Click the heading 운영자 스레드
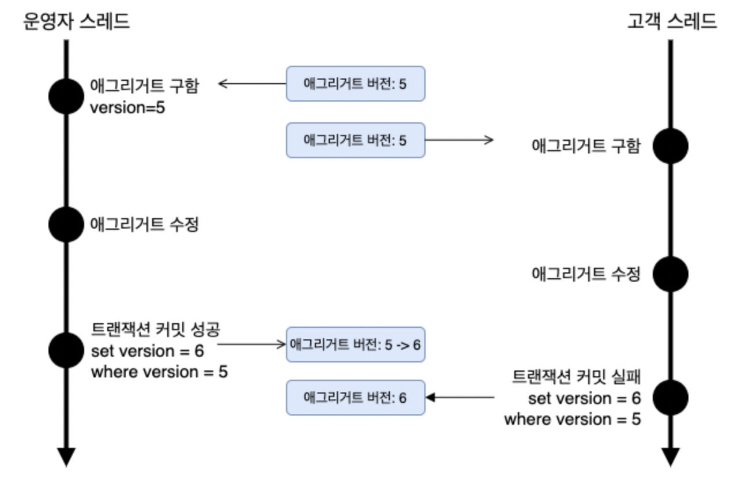point(76,21)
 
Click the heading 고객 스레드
point(672,21)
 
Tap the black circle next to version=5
point(66,96)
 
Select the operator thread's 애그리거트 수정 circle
point(66,224)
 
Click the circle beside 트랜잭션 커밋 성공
point(66,350)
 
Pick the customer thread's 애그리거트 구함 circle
point(670,146)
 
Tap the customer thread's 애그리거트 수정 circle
point(670,274)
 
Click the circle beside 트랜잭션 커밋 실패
point(670,397)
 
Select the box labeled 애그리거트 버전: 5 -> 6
point(355,345)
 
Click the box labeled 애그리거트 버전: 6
point(355,397)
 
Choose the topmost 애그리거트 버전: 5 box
point(355,84)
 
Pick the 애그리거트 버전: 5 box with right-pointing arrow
point(355,140)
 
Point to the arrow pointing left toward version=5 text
point(253,84)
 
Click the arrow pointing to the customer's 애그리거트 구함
point(460,140)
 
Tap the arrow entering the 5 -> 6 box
point(252,345)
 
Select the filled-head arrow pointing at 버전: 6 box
point(460,397)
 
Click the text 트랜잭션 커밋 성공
point(156,330)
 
